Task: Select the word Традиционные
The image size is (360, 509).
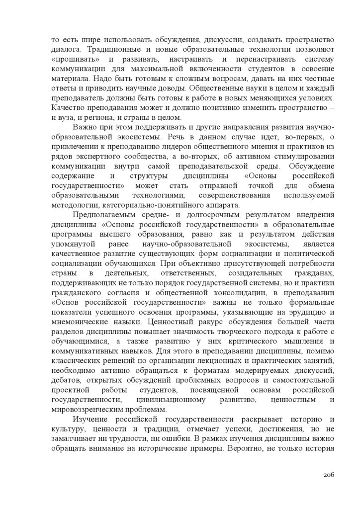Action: [x=115, y=50]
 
